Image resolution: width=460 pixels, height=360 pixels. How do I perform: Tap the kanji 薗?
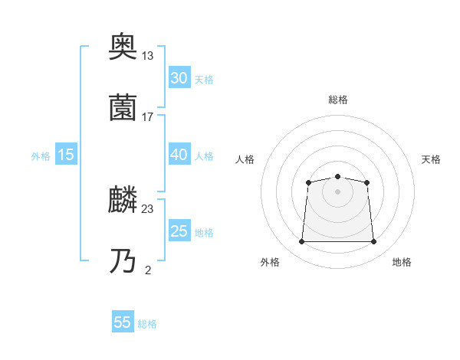click(123, 108)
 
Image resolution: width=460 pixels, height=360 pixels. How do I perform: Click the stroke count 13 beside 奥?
click(147, 55)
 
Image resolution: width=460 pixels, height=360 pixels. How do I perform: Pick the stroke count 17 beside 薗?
click(147, 117)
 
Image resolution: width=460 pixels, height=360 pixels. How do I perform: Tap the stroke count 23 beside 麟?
click(147, 209)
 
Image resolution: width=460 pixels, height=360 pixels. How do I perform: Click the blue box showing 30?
click(179, 78)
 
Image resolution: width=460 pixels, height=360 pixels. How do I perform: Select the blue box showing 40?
click(179, 155)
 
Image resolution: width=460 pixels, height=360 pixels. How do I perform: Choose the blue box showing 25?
click(179, 232)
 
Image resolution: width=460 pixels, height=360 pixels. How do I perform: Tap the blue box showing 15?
click(66, 155)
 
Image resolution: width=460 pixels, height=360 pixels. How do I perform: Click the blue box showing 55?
click(123, 322)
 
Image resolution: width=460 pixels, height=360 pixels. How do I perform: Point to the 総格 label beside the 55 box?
click(147, 324)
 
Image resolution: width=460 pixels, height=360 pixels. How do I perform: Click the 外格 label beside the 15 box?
click(41, 156)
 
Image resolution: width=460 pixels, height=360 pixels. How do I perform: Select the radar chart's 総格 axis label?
click(337, 100)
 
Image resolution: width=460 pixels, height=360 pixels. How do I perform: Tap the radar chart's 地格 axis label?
click(402, 263)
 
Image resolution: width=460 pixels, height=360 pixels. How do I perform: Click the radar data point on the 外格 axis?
click(301, 242)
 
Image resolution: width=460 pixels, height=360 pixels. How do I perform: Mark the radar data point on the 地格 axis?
click(373, 242)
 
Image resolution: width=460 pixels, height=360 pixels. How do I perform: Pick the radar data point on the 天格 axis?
click(367, 182)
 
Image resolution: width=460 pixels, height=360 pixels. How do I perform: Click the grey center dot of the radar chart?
click(337, 191)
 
